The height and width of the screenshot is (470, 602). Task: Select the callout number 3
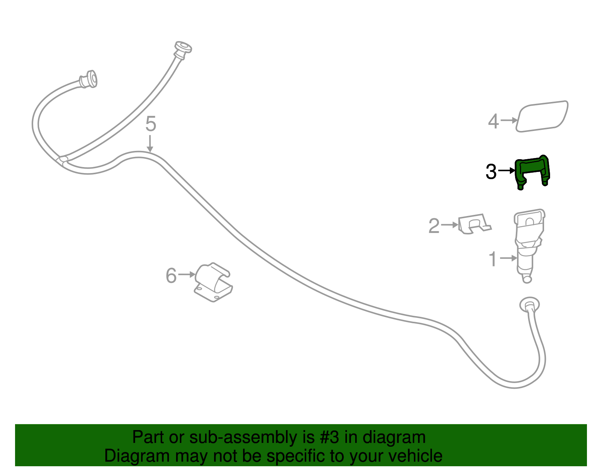pyautogui.click(x=491, y=172)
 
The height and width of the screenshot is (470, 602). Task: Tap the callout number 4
pyautogui.click(x=493, y=121)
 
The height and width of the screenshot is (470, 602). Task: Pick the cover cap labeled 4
pyautogui.click(x=542, y=116)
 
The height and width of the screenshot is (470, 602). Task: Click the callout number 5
pyautogui.click(x=151, y=124)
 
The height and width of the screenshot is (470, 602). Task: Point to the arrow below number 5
pyautogui.click(x=150, y=143)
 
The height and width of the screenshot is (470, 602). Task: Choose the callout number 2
pyautogui.click(x=434, y=226)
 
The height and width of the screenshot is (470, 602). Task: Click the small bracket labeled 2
pyautogui.click(x=474, y=224)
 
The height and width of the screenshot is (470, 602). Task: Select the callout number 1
pyautogui.click(x=493, y=259)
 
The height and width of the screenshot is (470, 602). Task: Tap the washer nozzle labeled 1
pyautogui.click(x=529, y=245)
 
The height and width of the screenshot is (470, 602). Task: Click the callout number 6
pyautogui.click(x=171, y=275)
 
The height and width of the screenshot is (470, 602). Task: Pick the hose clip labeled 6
pyautogui.click(x=214, y=282)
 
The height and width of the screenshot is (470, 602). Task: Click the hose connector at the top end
pyautogui.click(x=182, y=49)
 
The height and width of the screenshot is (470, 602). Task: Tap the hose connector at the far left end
pyautogui.click(x=88, y=79)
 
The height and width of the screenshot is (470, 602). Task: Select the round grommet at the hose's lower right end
pyautogui.click(x=529, y=305)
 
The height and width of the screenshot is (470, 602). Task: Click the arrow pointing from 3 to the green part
pyautogui.click(x=506, y=170)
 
